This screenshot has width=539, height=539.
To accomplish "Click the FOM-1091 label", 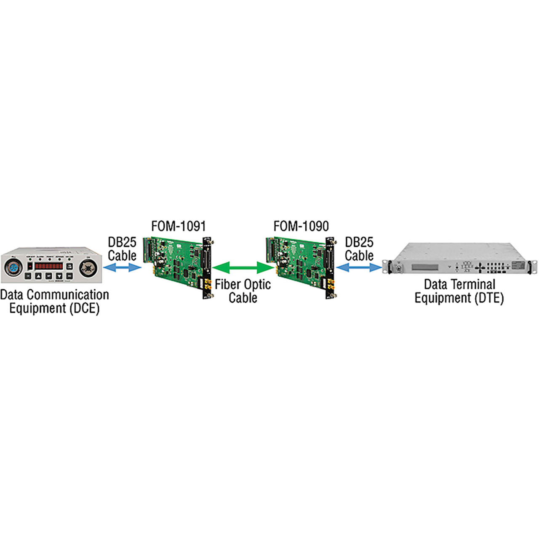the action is (179, 226).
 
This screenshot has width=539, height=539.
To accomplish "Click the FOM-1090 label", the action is (301, 226).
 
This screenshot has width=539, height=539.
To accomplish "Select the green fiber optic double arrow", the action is (243, 267).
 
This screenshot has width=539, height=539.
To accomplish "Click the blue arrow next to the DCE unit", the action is (122, 267).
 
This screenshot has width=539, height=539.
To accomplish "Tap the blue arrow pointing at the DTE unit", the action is (359, 267).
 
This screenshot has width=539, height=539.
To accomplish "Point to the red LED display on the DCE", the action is (49, 266).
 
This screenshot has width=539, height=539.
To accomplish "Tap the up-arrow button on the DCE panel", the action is (38, 276).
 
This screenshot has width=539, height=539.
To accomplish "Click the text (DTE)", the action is (489, 298).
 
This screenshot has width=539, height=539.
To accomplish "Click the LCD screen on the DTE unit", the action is (425, 267).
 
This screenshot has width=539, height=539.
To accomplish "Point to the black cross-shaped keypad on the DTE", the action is (480, 267).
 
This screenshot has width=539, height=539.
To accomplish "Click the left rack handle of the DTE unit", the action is (389, 268).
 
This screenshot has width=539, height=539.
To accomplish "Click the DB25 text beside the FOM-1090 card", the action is (359, 242).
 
